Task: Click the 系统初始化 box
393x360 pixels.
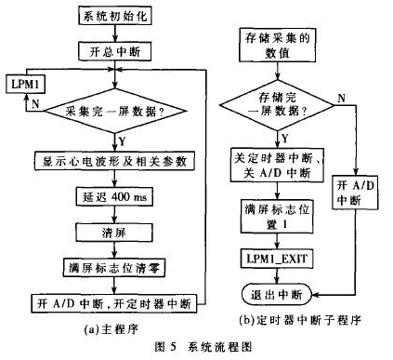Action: pyautogui.click(x=115, y=16)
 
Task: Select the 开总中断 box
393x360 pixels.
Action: pyautogui.click(x=115, y=51)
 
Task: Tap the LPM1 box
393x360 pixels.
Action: pyautogui.click(x=25, y=84)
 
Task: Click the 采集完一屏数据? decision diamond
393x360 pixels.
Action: pyautogui.click(x=115, y=111)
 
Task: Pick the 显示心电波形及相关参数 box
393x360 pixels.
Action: pyautogui.click(x=114, y=161)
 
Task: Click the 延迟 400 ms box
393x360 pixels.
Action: pyautogui.click(x=114, y=196)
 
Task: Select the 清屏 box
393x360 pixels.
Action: pyautogui.click(x=114, y=233)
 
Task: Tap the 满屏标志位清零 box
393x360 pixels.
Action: pyautogui.click(x=114, y=268)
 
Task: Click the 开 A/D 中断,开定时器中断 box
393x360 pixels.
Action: pyautogui.click(x=114, y=303)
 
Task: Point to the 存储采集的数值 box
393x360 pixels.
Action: pyautogui.click(x=278, y=46)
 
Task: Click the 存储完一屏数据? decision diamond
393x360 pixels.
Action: pyautogui.click(x=277, y=105)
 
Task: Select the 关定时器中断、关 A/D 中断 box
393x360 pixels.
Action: pyautogui.click(x=277, y=165)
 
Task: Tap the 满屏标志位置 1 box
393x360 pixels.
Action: pyautogui.click(x=277, y=216)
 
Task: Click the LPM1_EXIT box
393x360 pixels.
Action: pyautogui.click(x=277, y=259)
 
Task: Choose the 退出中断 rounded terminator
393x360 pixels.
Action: pyautogui.click(x=277, y=294)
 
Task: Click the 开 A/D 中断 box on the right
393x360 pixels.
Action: pyautogui.click(x=355, y=193)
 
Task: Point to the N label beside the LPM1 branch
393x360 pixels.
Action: pyautogui.click(x=35, y=104)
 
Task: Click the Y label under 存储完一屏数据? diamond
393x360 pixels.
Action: pyautogui.click(x=285, y=139)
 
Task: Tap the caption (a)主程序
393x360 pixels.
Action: pyautogui.click(x=111, y=329)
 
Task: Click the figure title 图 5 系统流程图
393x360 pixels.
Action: pyautogui.click(x=203, y=347)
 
